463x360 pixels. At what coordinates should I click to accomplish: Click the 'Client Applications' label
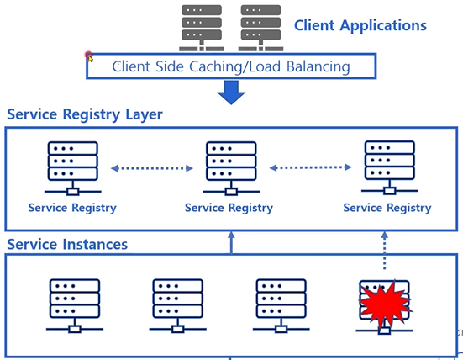360,26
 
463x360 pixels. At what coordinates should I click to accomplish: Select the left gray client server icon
202,28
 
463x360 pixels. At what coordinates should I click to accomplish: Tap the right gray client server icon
260,28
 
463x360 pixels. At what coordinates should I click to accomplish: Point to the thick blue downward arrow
231,93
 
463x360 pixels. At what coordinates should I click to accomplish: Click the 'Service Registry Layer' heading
85,114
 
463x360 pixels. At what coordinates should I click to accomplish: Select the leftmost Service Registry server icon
73,168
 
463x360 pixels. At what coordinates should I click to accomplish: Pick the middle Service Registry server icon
231,168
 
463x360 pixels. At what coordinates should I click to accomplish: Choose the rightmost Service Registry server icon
390,168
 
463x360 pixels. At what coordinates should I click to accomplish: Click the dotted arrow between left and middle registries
152,168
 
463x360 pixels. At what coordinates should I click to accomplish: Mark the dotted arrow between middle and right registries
311,167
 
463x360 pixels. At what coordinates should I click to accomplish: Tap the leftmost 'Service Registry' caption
72,208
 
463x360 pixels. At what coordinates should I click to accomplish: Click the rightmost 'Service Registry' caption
387,208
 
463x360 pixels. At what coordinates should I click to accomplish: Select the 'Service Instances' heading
67,245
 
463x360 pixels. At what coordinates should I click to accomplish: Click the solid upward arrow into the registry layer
231,242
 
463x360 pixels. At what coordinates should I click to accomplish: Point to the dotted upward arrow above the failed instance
384,251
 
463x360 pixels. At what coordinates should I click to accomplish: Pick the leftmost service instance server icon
75,306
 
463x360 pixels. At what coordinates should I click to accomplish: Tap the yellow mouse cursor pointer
90,59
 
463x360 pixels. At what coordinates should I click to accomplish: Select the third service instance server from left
281,306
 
